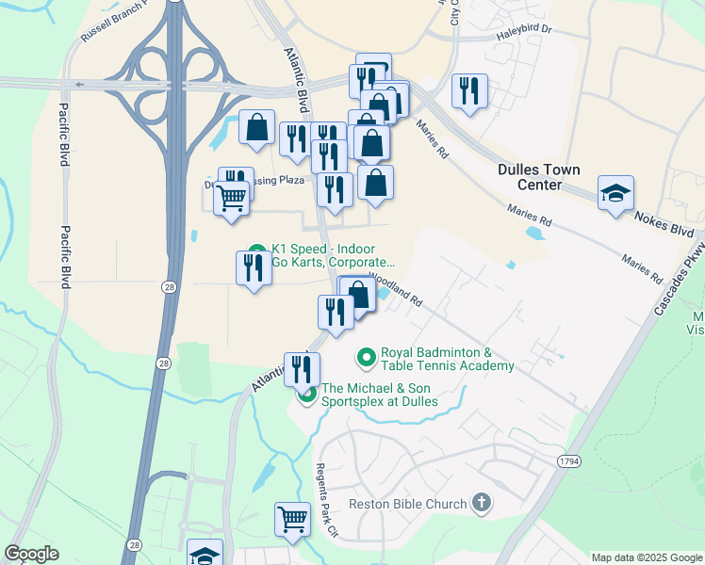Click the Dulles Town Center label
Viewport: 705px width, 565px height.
pos(538,177)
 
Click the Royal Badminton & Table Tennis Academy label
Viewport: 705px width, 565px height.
pos(447,359)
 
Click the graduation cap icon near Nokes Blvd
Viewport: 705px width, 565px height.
pos(615,193)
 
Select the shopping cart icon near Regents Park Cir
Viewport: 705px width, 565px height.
pos(292,518)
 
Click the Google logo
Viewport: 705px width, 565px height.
pos(31,554)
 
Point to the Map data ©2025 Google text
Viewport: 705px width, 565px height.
pos(646,557)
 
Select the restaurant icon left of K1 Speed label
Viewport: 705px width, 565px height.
pos(253,267)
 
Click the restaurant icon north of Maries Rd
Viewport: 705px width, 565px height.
pos(468,90)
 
